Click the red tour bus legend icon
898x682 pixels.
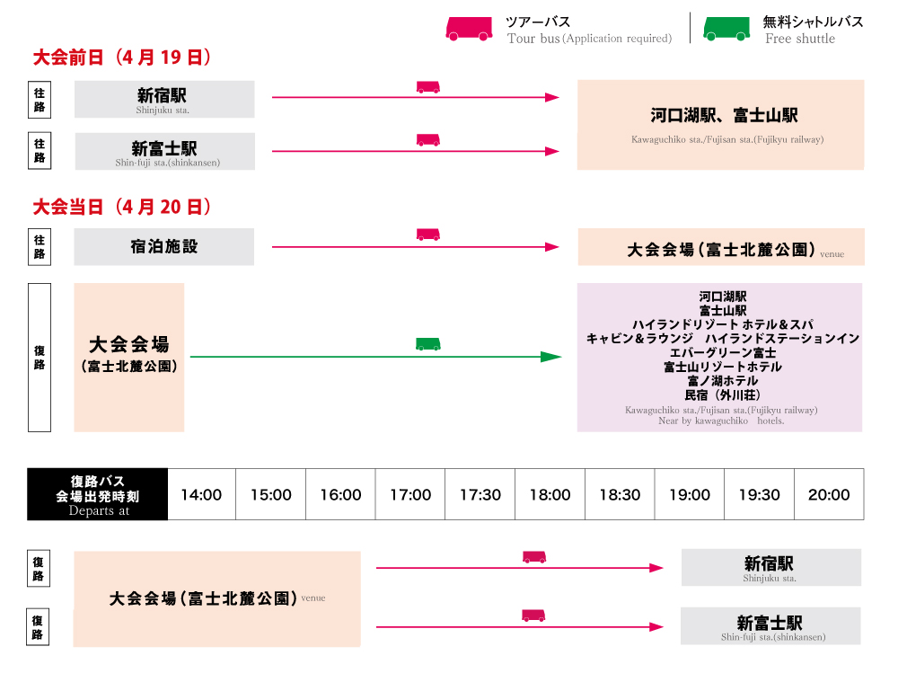point(469,29)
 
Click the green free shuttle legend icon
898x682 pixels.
point(726,29)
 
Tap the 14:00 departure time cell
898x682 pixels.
point(201,494)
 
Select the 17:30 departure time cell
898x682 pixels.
point(480,494)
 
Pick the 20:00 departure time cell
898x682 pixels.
point(829,494)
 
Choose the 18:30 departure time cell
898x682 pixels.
point(620,494)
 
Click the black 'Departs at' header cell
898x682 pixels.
point(98,494)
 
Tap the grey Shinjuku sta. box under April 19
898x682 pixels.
point(164,99)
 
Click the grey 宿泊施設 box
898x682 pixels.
point(163,246)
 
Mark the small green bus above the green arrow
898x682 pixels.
point(428,344)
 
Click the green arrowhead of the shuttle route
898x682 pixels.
point(550,357)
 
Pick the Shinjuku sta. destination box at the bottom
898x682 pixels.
point(770,567)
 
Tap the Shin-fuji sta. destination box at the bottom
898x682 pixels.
point(770,625)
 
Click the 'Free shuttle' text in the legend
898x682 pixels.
point(800,39)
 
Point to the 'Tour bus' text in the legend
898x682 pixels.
point(533,39)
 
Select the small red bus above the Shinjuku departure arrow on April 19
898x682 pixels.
point(428,87)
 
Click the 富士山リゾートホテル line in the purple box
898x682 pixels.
point(722,367)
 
